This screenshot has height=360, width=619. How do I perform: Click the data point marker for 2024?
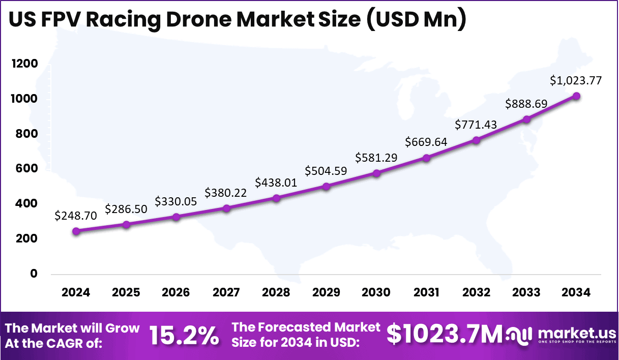[x=76, y=231]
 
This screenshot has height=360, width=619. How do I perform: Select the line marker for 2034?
[x=576, y=96]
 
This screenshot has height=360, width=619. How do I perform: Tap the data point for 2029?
[x=326, y=186]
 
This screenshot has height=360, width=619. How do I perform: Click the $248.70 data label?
[x=75, y=215]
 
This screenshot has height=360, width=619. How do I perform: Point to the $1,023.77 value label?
[x=576, y=80]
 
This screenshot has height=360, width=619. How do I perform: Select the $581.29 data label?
[x=376, y=158]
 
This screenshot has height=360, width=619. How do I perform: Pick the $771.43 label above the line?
[x=476, y=125]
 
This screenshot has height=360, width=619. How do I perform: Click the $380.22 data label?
[x=226, y=193]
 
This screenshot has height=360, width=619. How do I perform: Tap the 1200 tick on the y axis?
[x=24, y=64]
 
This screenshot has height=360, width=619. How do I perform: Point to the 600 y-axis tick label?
[x=26, y=168]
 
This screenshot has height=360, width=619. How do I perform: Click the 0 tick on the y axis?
[x=34, y=274]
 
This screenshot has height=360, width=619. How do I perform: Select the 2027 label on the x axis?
[x=226, y=292]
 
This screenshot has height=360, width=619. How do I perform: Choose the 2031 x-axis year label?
[x=426, y=292]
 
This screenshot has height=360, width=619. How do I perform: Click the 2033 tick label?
[x=526, y=292]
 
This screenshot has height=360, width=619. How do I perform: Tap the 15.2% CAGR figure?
[x=184, y=335]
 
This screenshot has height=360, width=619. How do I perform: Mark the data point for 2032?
[x=476, y=140]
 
